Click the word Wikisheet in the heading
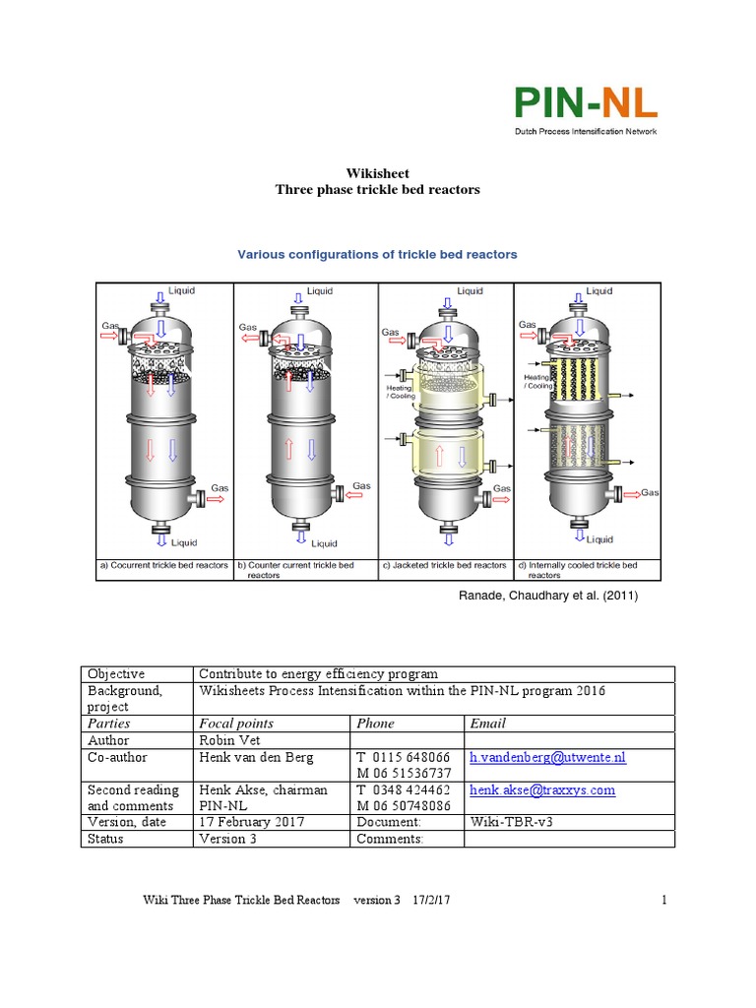pos(377,173)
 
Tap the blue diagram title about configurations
pos(377,254)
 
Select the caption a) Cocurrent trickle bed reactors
pos(163,565)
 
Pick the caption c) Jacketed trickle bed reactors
pos(445,565)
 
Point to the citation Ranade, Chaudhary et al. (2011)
pos(541,595)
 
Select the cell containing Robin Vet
pos(227,739)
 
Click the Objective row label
pos(116,674)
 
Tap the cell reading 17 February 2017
pos(252,822)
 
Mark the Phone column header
pos(376,724)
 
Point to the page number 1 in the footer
pos(664,900)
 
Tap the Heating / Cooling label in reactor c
pos(401,392)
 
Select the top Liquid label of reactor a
pos(182,290)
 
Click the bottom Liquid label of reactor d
pos(599,539)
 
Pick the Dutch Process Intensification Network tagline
pos(585,131)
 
